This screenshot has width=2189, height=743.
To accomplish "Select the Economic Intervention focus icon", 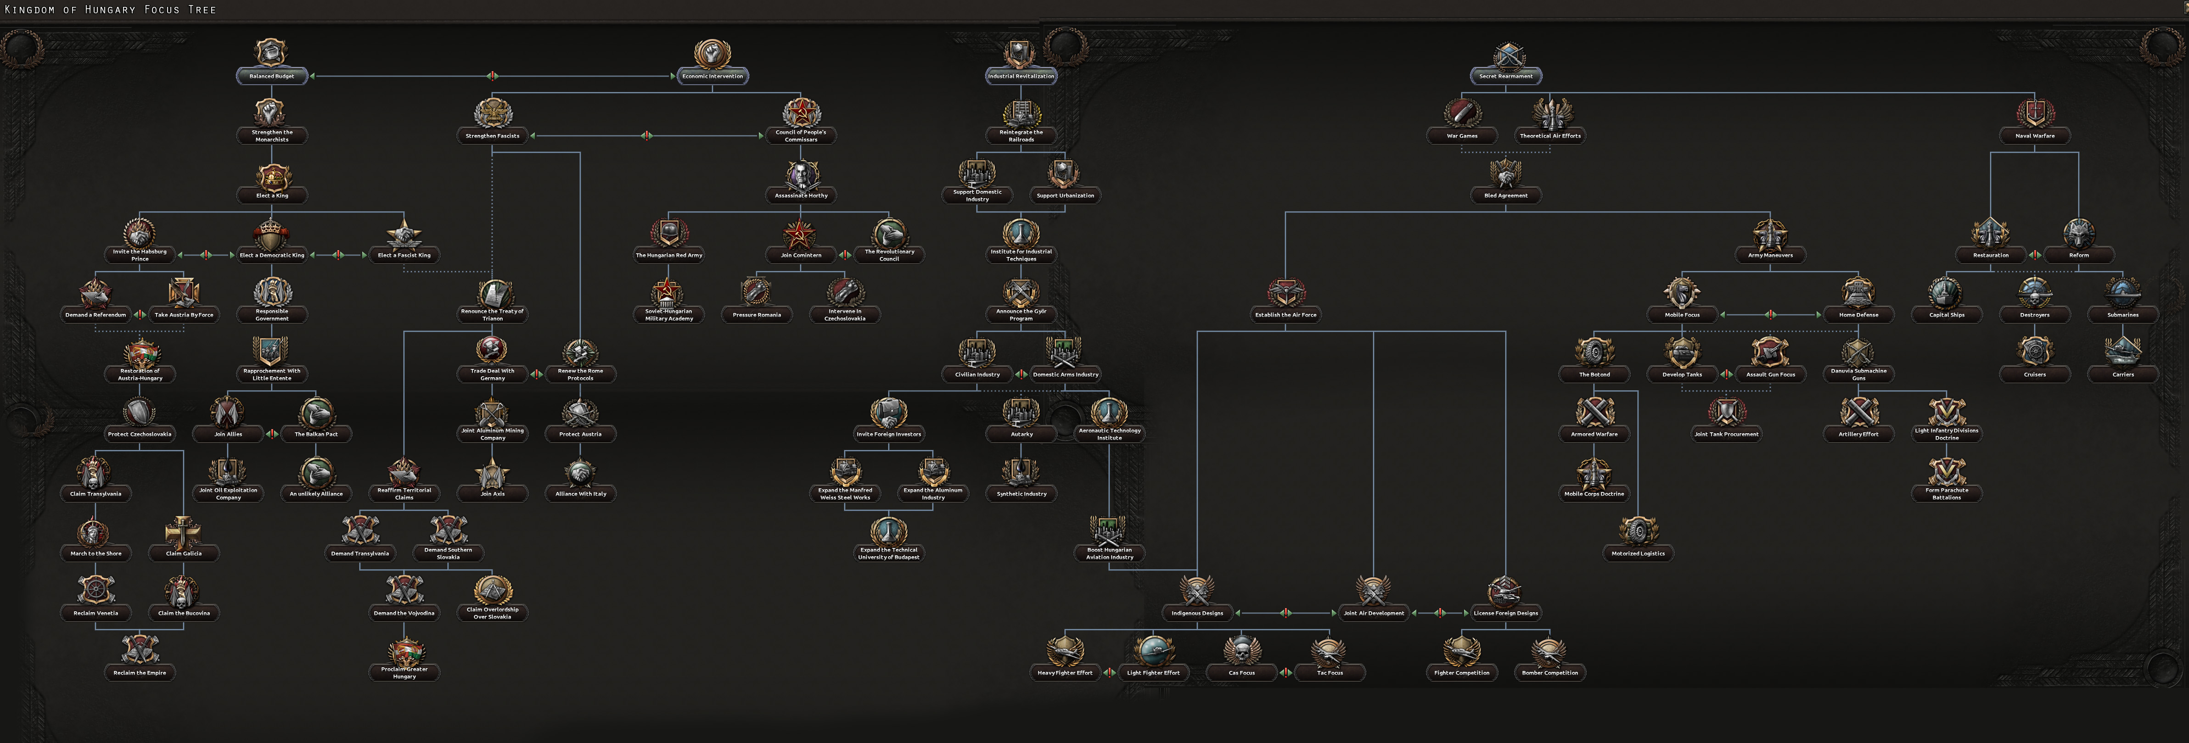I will [x=712, y=54].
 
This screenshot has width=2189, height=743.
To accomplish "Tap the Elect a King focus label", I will [x=272, y=196].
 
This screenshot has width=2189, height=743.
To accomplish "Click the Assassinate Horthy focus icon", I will [x=801, y=174].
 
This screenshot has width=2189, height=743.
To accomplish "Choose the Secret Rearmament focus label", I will [x=1505, y=77].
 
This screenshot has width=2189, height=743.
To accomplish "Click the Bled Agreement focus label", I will [x=1505, y=196].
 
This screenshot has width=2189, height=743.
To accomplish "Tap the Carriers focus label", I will [x=2123, y=374].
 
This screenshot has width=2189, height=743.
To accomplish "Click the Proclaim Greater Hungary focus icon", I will [x=404, y=651].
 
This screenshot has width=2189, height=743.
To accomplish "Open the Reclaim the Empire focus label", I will [x=140, y=672].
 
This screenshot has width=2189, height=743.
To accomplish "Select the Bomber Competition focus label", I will [x=1549, y=672].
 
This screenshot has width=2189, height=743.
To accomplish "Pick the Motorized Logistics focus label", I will [x=1638, y=553].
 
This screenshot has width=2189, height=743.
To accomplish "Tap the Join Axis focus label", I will [x=492, y=493].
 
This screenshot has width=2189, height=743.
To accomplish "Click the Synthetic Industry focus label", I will [x=1022, y=493].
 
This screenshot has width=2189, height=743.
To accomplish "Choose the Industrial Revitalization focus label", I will [x=1021, y=77].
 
